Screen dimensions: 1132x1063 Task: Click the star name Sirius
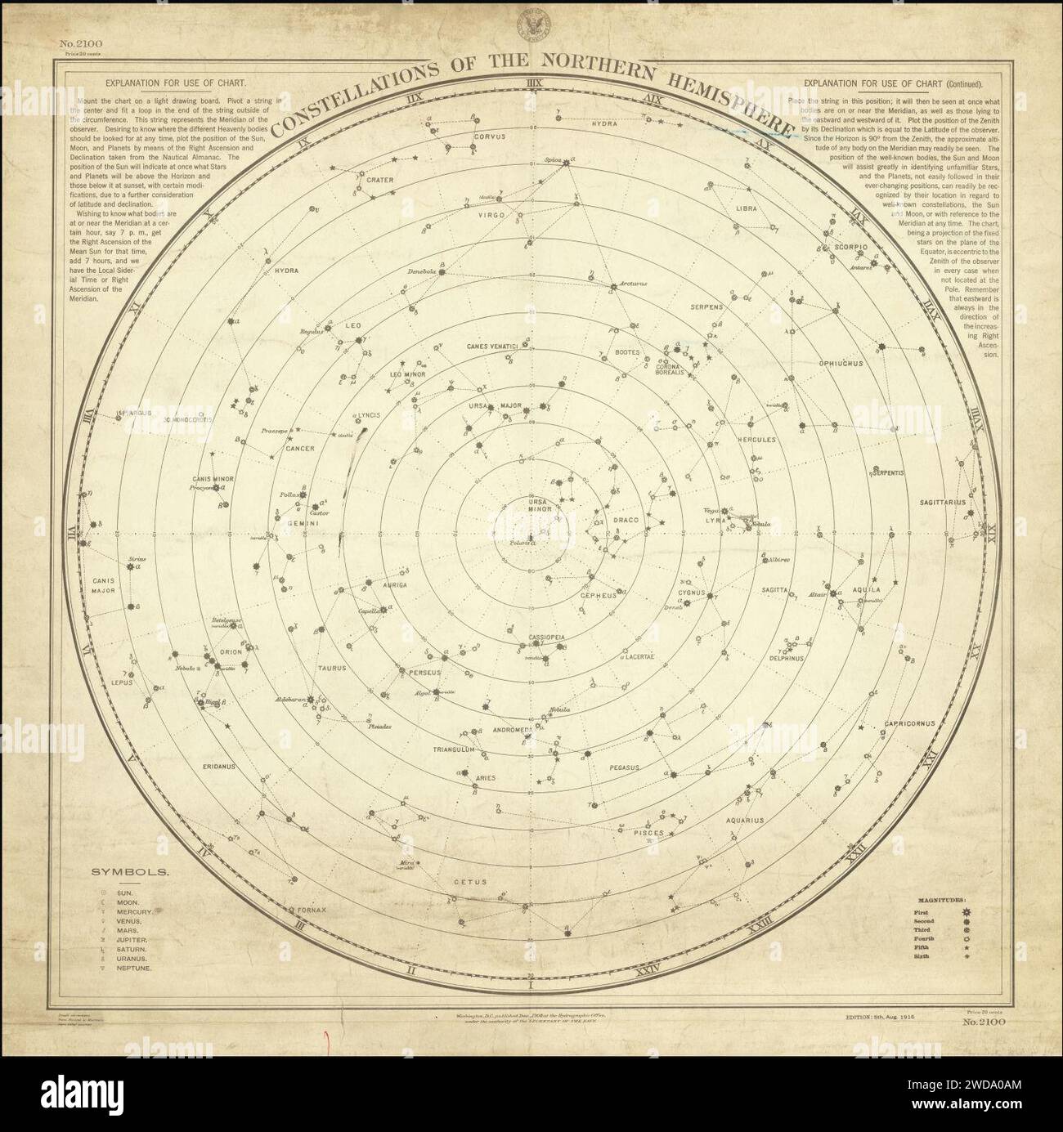click(136, 559)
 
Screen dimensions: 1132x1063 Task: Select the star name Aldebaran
click(290, 700)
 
